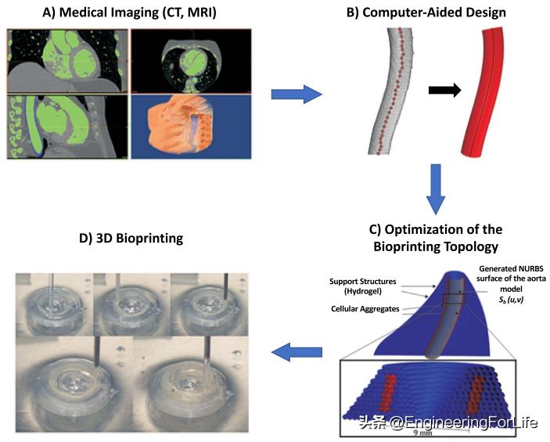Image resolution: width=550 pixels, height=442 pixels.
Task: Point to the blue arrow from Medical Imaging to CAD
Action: tap(295, 95)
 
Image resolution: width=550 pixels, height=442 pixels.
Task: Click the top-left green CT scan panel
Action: tap(67, 61)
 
